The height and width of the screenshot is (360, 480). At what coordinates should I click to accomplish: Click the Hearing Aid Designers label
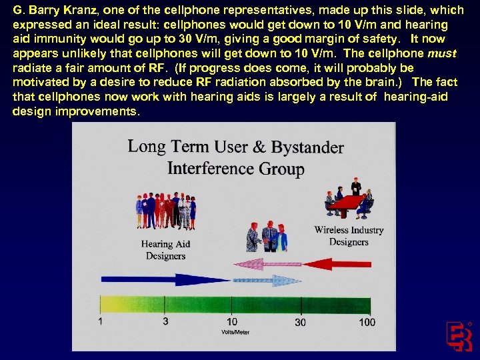coord(165,250)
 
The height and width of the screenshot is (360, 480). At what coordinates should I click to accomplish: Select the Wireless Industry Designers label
coord(349,236)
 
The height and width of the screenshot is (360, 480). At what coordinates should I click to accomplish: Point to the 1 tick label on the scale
coord(101,322)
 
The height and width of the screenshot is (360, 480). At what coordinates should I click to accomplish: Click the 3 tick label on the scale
coord(165,322)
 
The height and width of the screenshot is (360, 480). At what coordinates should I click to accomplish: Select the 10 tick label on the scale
coord(232,322)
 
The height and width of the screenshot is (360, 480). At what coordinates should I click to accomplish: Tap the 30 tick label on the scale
coord(300,322)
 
